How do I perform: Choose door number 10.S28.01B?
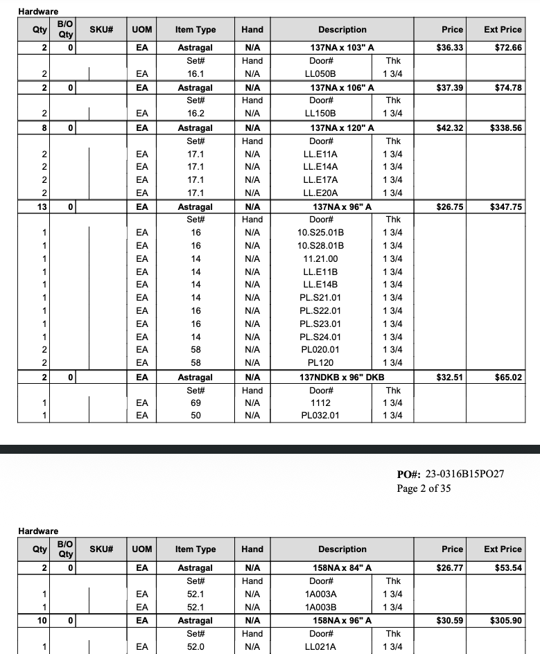[x=320, y=246]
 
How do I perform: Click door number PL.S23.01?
[x=320, y=324]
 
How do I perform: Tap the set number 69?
[x=195, y=403]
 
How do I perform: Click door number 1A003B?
[x=320, y=608]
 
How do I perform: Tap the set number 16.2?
[x=195, y=114]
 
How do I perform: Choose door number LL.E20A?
[x=320, y=193]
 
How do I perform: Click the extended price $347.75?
[x=505, y=207]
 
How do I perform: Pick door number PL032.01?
[x=320, y=416]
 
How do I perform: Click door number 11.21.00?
[x=320, y=259]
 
